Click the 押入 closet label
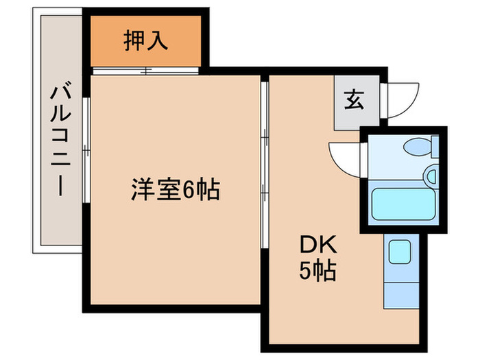(x=145, y=41)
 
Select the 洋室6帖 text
(x=176, y=189)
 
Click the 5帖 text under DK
(x=317, y=272)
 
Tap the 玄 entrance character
(x=354, y=101)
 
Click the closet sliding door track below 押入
(x=145, y=69)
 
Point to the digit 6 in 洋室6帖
(x=187, y=190)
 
